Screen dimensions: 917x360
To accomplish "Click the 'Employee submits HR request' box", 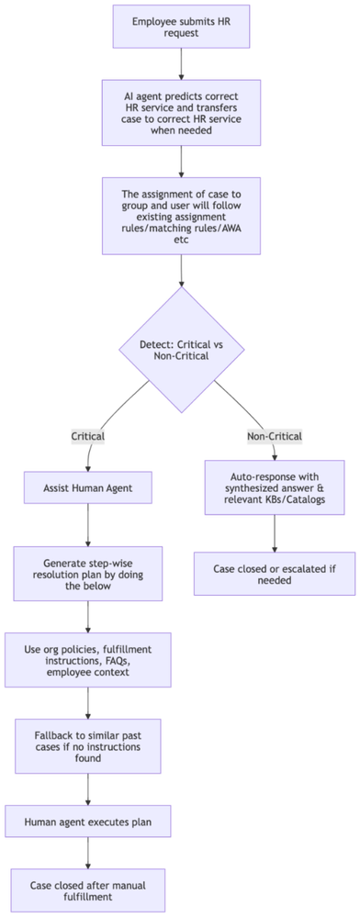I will point(180,26).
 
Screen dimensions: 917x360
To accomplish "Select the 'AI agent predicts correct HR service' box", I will point(180,111).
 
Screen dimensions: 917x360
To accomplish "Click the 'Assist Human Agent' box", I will point(87,487).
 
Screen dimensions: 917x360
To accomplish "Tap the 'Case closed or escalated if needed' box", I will point(275,575).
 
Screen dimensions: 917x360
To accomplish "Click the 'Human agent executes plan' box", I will point(87,822).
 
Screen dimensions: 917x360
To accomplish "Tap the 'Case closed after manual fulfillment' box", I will point(87,889).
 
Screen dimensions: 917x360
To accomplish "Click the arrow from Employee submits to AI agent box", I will point(180,64).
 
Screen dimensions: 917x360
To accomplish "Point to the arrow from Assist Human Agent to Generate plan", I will point(87,526).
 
